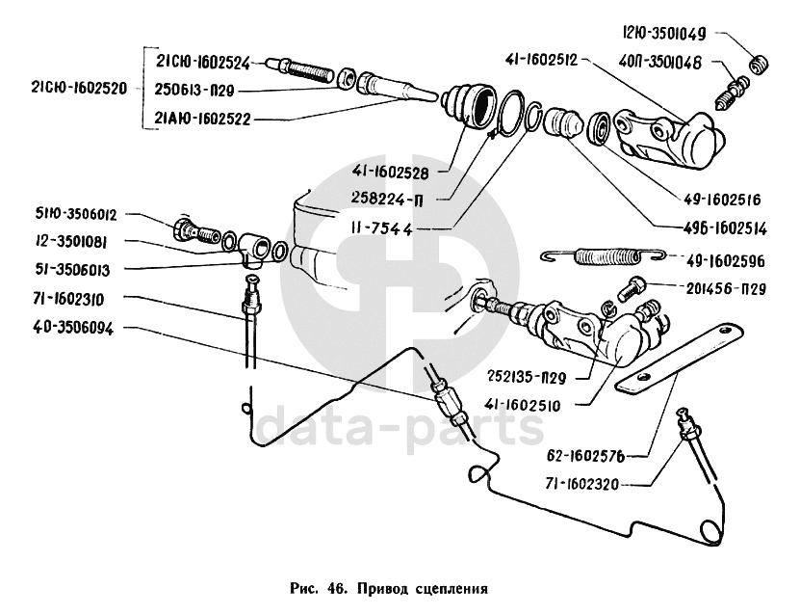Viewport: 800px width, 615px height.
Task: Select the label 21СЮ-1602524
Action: pyautogui.click(x=202, y=63)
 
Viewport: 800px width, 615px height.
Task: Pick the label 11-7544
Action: pyautogui.click(x=389, y=228)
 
